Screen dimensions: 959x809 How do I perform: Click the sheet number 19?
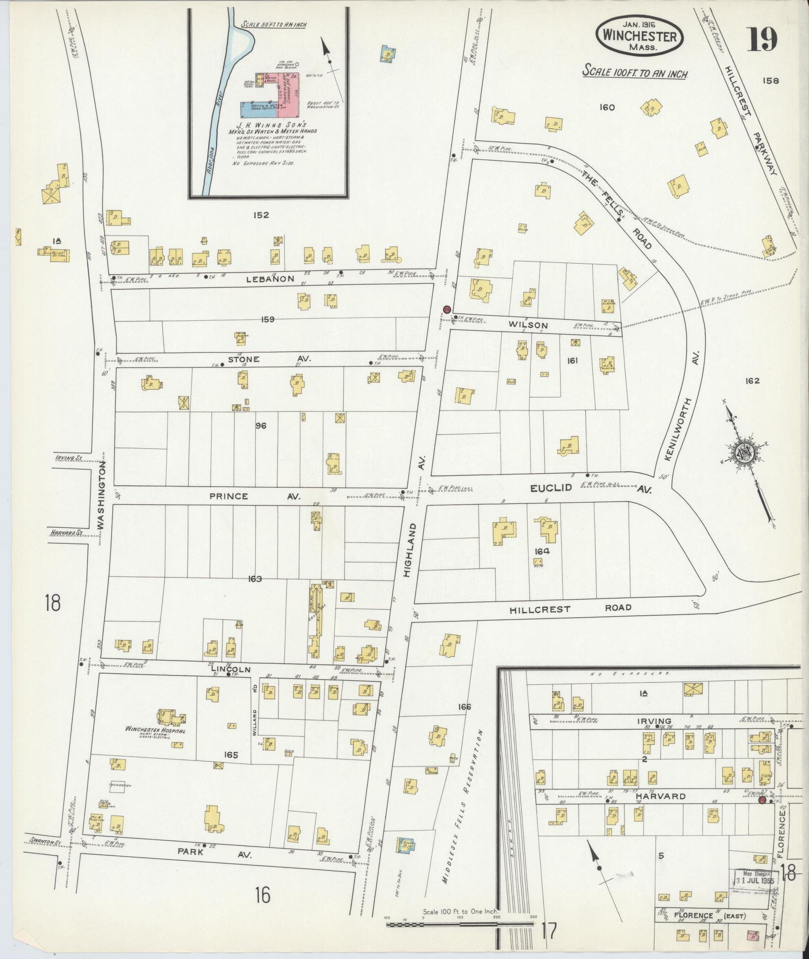coord(762,40)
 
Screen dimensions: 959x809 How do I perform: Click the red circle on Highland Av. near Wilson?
coord(446,309)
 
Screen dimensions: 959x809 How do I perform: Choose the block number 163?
coord(255,579)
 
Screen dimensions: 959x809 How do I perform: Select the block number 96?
coord(260,426)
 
